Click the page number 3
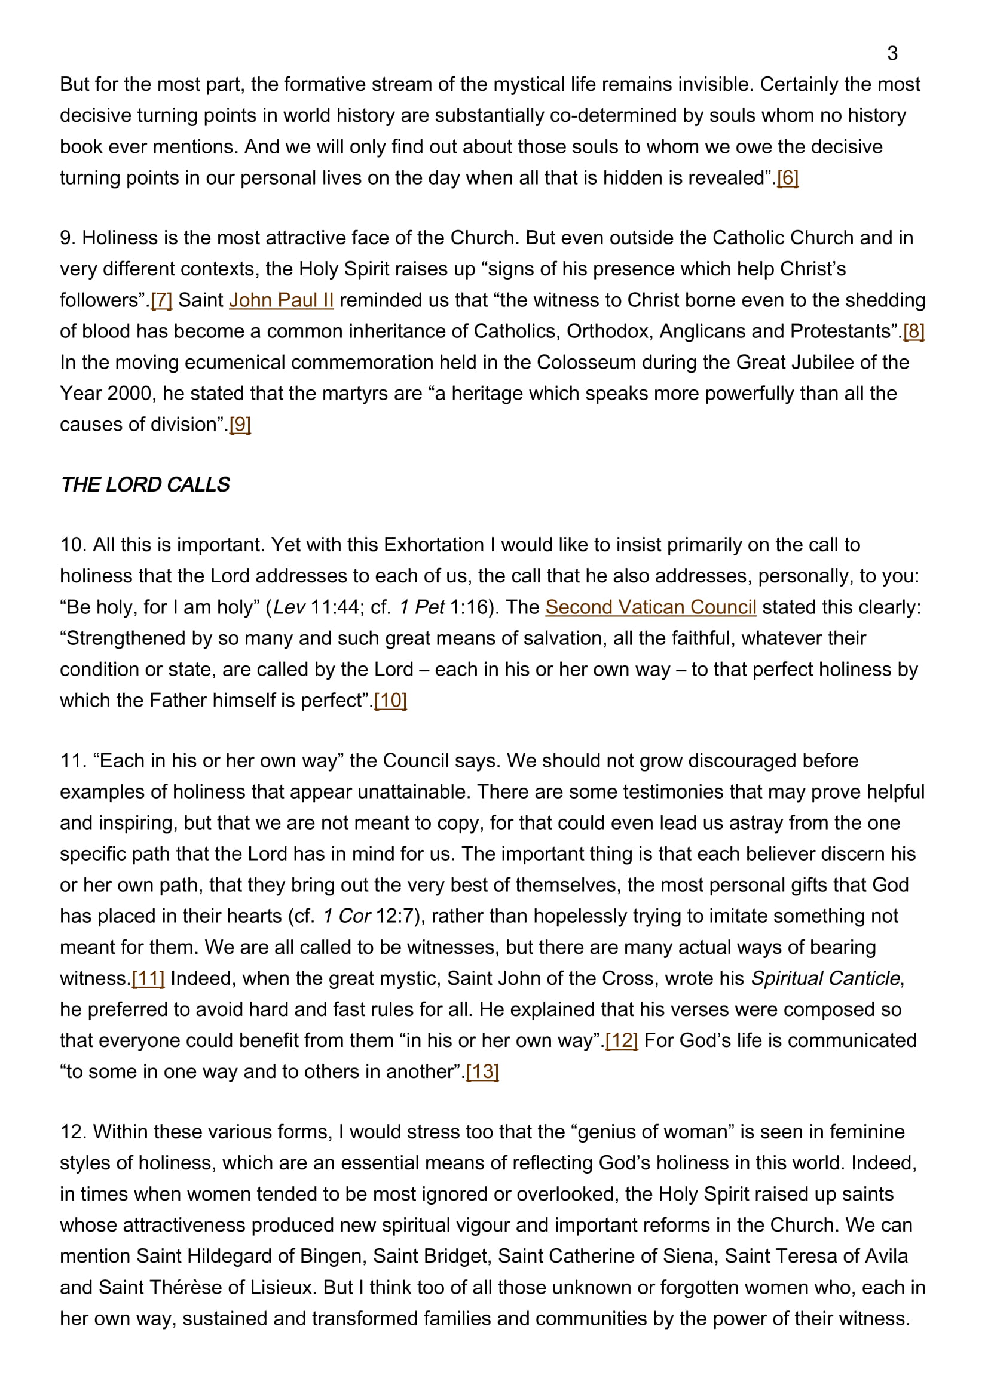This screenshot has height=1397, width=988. coord(892,54)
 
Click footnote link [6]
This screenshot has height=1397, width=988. coord(788,177)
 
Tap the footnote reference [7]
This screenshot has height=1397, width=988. coord(161,300)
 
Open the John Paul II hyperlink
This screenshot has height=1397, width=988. coord(282,300)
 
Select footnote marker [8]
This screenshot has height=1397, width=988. coord(914,331)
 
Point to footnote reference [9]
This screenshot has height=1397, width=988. coord(240,424)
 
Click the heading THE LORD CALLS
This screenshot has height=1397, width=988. coord(145,484)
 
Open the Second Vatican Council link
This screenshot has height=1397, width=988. coord(651,607)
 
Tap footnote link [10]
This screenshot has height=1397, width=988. coord(390,701)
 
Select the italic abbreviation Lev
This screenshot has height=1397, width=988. coord(289,607)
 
